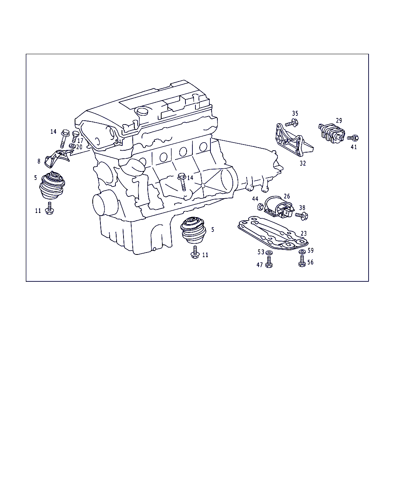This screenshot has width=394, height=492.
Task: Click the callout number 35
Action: point(295,113)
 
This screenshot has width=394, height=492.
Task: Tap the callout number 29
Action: point(339,120)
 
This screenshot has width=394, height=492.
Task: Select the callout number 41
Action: point(354,147)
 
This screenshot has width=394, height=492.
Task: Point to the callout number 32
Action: point(303,163)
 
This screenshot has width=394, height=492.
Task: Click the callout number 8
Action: point(39,161)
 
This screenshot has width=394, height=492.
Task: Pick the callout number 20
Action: point(79,147)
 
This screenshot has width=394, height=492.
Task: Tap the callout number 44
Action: point(255,199)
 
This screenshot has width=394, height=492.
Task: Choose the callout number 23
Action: point(304,233)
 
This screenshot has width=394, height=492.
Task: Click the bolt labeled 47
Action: point(269,262)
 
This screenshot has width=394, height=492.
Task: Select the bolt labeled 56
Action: point(302,261)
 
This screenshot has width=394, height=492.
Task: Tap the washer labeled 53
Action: point(269,253)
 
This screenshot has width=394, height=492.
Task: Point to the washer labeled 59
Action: point(302,252)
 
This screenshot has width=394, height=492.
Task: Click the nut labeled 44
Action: point(260,207)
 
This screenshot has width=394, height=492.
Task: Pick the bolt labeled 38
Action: point(302,216)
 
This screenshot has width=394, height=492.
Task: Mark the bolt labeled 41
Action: point(353,138)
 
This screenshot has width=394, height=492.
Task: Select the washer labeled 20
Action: point(72,146)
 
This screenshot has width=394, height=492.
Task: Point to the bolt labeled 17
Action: point(75,137)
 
